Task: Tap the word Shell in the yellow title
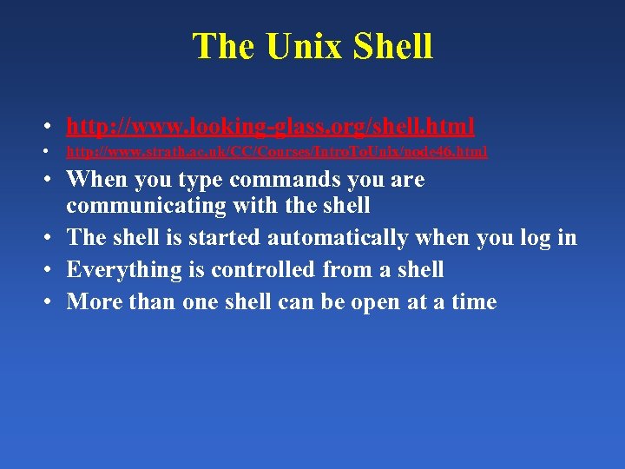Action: pyautogui.click(x=394, y=47)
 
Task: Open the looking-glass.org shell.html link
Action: pyautogui.click(x=270, y=127)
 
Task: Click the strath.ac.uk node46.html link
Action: pyautogui.click(x=277, y=152)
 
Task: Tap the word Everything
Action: pyautogui.click(x=117, y=270)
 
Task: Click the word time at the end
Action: pyautogui.click(x=472, y=302)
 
